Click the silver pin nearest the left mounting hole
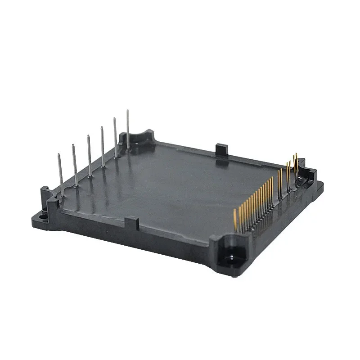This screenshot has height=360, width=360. pyautogui.click(x=60, y=175)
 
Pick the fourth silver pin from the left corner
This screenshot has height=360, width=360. pyautogui.click(x=103, y=147)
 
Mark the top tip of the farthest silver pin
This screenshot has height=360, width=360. pyautogui.click(x=127, y=111)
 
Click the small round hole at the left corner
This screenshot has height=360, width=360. pyautogui.click(x=43, y=216)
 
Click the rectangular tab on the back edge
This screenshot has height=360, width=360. pyautogui.click(x=221, y=148)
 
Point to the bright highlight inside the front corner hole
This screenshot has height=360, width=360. pyautogui.click(x=230, y=257)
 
